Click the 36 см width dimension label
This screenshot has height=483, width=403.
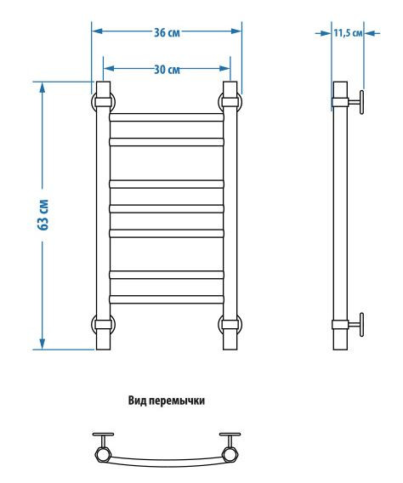coord(166,32)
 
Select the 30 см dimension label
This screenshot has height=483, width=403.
coord(167,68)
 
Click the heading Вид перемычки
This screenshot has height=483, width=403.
coord(167,400)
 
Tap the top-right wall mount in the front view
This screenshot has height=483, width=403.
coord(230,102)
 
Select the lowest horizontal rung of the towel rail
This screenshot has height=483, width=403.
coord(166,297)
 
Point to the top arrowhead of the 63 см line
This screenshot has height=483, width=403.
coord(42,86)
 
